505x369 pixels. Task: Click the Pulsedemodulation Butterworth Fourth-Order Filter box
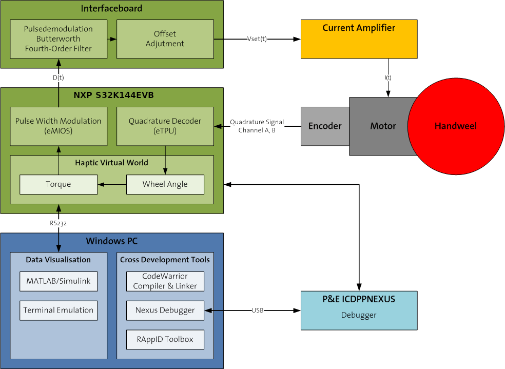(58, 39)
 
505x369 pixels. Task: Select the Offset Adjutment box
(165, 39)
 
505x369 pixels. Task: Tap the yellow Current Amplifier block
(359, 39)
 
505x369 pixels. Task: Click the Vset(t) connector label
(257, 39)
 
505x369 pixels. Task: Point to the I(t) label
(388, 77)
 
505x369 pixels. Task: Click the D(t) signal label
(58, 77)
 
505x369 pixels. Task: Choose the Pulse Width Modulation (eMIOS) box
(58, 126)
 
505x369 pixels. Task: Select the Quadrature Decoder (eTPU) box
(165, 126)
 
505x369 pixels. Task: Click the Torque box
(58, 184)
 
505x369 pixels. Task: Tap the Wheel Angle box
(165, 184)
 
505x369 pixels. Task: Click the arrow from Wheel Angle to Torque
(112, 184)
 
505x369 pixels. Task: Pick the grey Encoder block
(325, 126)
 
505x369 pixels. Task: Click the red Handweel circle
(455, 126)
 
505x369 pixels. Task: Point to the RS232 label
(58, 223)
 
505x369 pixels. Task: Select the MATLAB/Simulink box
(58, 281)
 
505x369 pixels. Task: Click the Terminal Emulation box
(58, 310)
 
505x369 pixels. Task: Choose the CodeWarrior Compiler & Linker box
(165, 281)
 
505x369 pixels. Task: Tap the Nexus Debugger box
(165, 310)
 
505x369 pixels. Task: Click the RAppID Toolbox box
(165, 340)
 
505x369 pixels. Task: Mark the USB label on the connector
(257, 310)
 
